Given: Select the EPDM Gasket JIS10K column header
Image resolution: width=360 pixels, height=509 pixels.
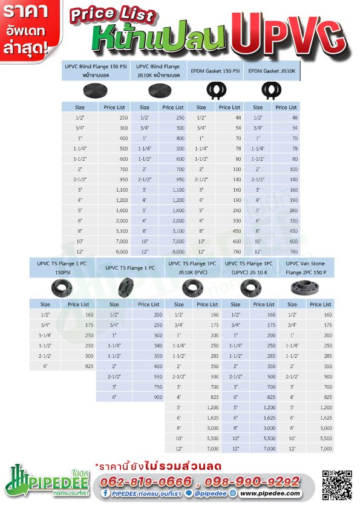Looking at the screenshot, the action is (x=272, y=71).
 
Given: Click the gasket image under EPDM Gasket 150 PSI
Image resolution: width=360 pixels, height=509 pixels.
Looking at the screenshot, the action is (x=216, y=91).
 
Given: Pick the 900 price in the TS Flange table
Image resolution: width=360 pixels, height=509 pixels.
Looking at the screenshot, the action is (x=158, y=397).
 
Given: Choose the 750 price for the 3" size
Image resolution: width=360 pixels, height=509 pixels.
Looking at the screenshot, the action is (x=158, y=386).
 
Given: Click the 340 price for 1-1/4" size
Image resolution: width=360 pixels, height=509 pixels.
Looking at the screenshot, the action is (x=158, y=345).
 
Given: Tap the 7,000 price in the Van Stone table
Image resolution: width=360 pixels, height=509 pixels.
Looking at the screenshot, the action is (x=325, y=448).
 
